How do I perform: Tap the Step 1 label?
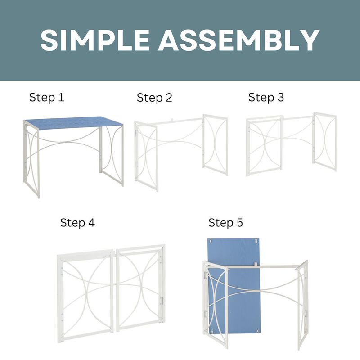pos(47,97)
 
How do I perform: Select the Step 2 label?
pos(154,98)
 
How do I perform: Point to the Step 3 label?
pos(266,97)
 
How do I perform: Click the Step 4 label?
pos(77,222)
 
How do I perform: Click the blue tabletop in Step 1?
pos(72,122)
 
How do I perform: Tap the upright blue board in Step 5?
pos(234,252)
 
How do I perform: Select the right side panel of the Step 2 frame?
pos(215,144)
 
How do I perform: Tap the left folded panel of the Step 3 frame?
pos(265,146)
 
